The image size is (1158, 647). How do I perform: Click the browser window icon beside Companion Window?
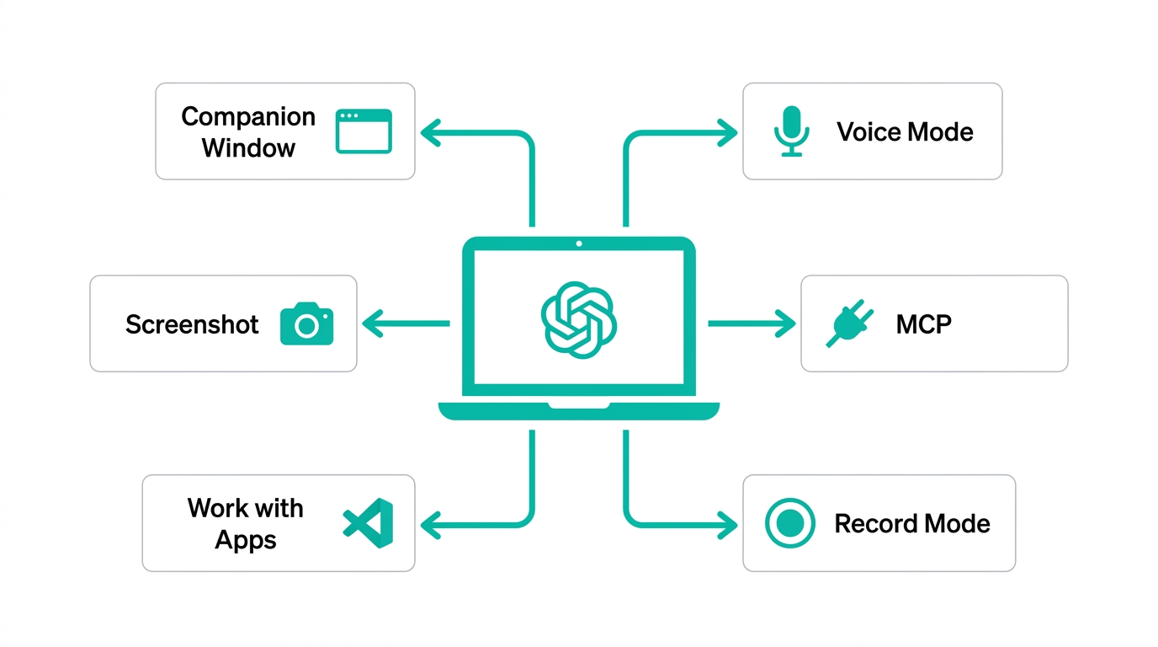click(364, 131)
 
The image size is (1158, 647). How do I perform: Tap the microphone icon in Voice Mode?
click(791, 131)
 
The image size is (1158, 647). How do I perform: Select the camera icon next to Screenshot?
click(306, 323)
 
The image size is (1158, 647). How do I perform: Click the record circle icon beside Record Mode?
click(790, 523)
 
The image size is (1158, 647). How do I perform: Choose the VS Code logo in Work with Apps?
click(369, 523)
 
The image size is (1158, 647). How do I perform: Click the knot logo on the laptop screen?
click(579, 318)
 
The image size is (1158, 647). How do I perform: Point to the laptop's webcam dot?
click(579, 244)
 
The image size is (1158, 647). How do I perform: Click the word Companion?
click(248, 116)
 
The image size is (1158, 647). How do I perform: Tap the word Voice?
click(867, 131)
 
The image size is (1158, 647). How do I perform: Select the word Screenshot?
click(192, 324)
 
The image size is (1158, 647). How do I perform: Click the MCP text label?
click(924, 324)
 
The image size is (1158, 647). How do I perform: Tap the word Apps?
click(246, 539)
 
